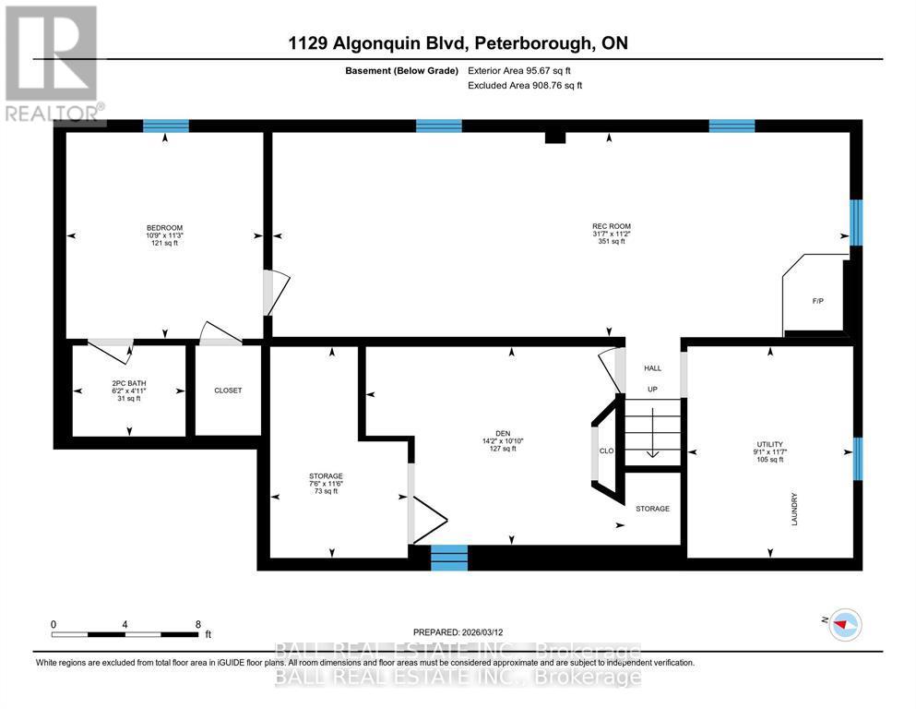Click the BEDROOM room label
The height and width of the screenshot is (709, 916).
pyautogui.click(x=164, y=228)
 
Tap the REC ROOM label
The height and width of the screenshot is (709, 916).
pyautogui.click(x=611, y=226)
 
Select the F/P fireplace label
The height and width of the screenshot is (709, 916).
pyautogui.click(x=817, y=302)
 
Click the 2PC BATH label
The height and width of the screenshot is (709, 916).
pyautogui.click(x=128, y=383)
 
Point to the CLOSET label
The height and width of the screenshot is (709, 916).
pyautogui.click(x=227, y=391)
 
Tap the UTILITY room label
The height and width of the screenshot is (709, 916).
pyautogui.click(x=768, y=445)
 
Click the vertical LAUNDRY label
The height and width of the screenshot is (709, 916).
pyautogui.click(x=794, y=510)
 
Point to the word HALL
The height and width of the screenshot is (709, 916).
pyautogui.click(x=651, y=367)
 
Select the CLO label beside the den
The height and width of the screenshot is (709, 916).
pyautogui.click(x=606, y=451)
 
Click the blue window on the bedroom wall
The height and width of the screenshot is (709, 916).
pyautogui.click(x=165, y=126)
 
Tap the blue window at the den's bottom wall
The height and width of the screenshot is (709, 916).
pyautogui.click(x=449, y=557)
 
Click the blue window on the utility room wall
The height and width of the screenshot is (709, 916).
pyautogui.click(x=857, y=459)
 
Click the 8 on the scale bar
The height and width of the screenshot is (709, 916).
pyautogui.click(x=197, y=624)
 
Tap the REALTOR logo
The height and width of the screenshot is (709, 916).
pyautogui.click(x=53, y=65)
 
